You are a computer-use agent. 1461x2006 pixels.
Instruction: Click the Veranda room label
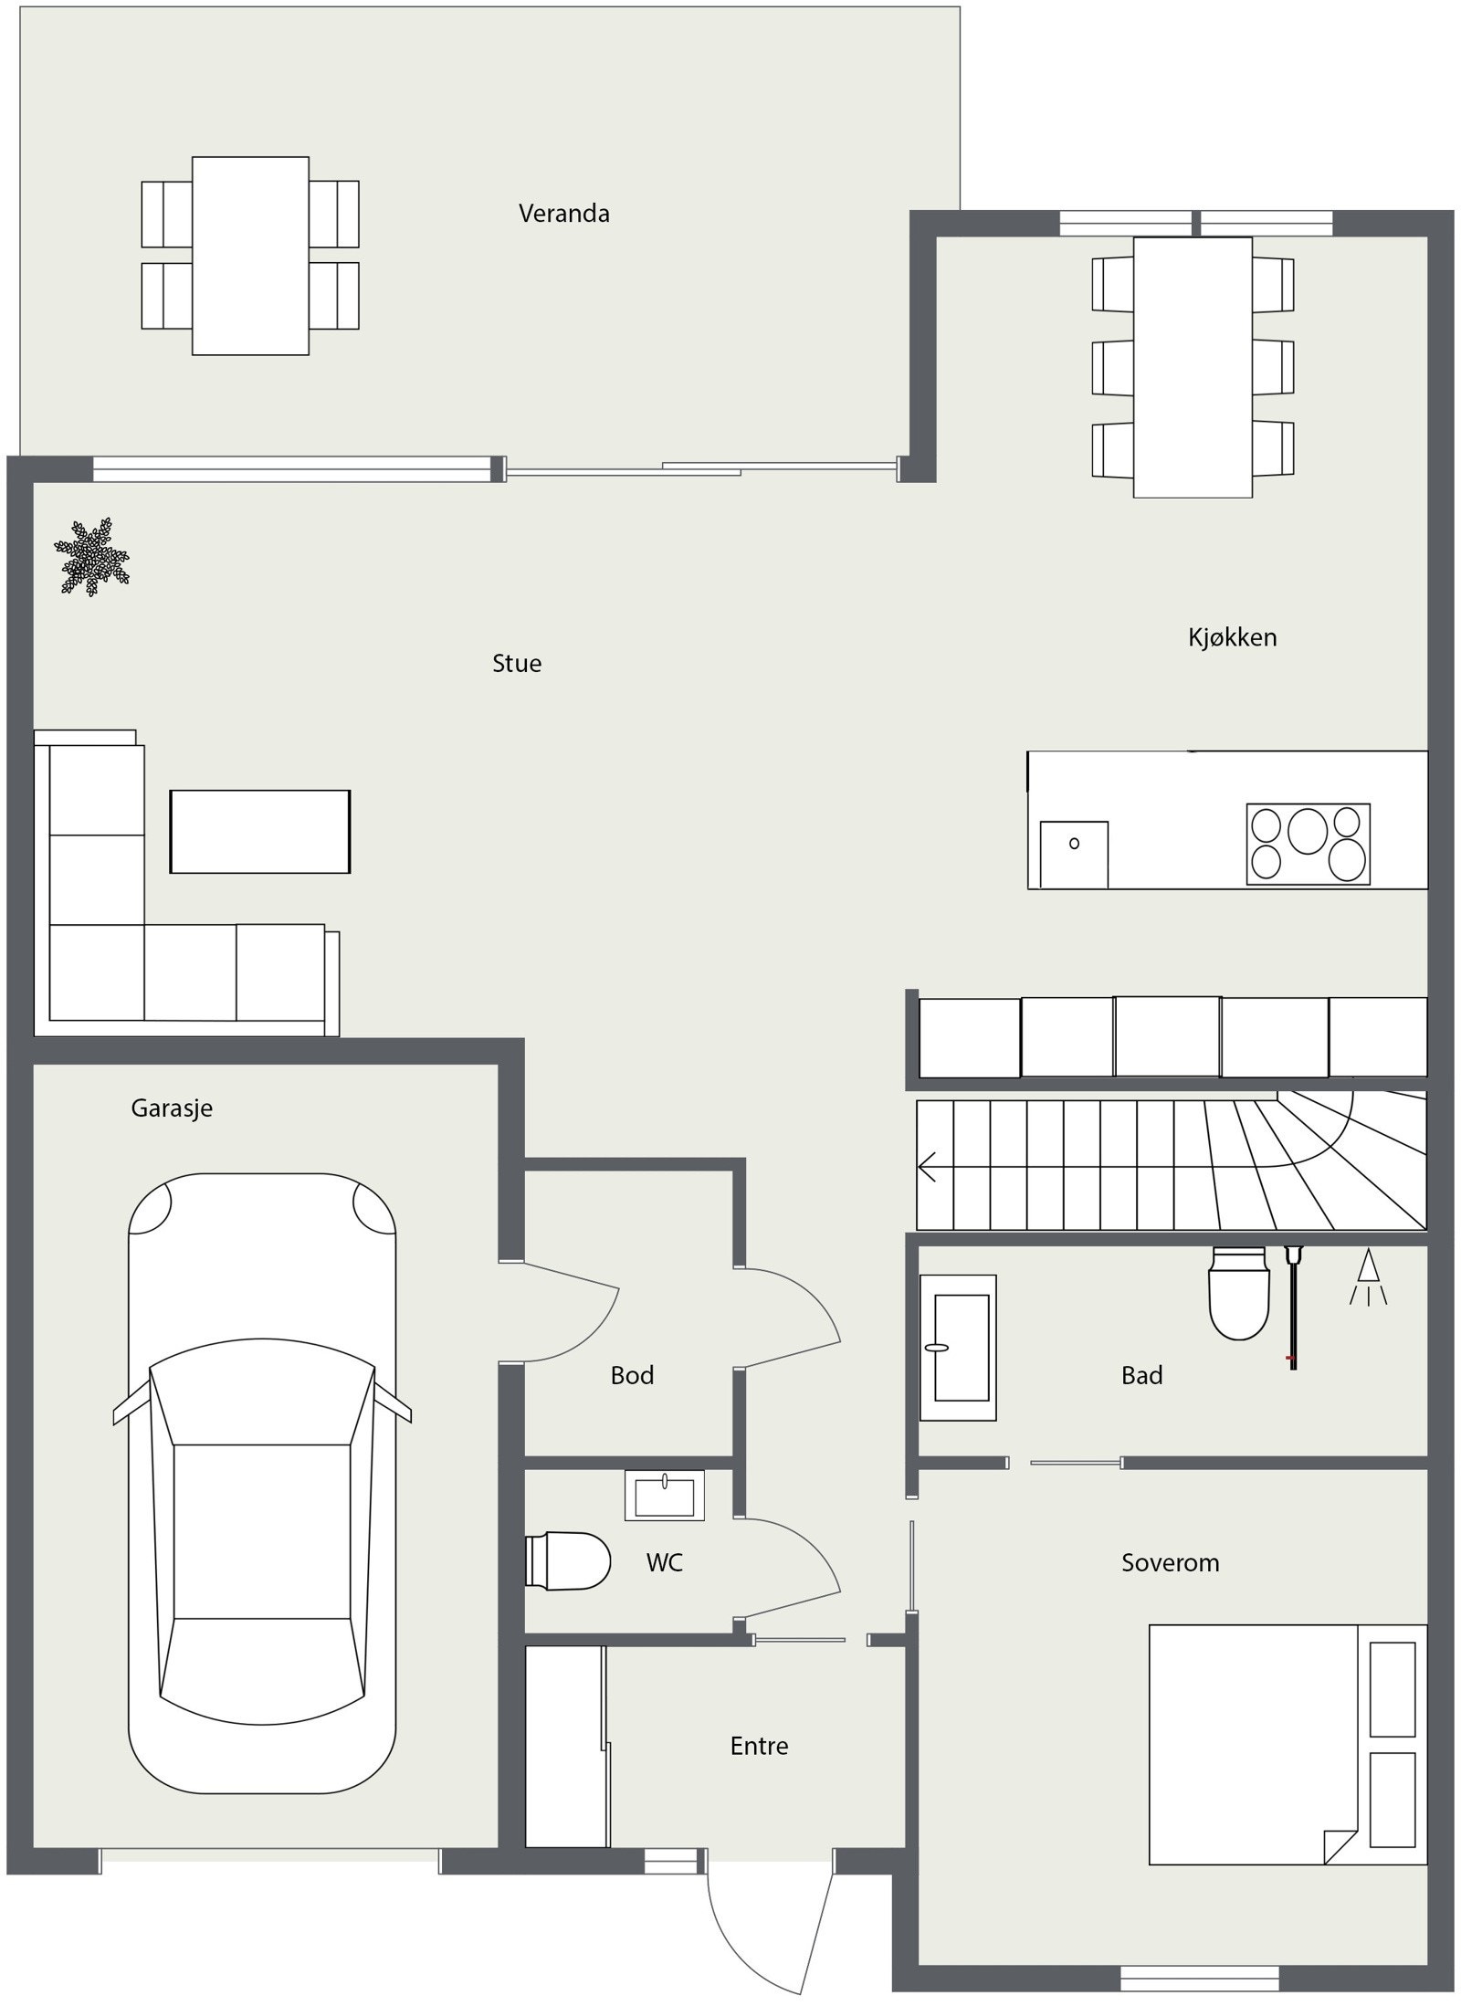tap(563, 214)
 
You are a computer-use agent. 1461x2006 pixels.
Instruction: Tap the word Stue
tap(516, 664)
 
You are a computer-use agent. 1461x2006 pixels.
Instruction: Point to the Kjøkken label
tap(1232, 637)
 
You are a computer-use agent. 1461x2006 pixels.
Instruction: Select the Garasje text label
tap(172, 1108)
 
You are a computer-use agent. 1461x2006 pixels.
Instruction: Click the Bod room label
tap(632, 1376)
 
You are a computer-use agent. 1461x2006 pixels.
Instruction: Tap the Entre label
tap(759, 1747)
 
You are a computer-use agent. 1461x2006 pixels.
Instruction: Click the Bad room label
tap(1141, 1376)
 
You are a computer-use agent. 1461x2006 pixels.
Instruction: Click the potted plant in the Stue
tap(92, 557)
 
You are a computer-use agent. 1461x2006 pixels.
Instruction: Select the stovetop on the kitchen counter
tap(1308, 844)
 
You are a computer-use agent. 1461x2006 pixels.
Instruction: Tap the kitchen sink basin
tap(1075, 854)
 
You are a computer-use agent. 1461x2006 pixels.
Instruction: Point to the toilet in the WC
tap(568, 1561)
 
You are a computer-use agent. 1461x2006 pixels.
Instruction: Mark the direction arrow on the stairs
tap(930, 1167)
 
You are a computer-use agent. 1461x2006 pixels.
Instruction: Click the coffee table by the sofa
tap(260, 831)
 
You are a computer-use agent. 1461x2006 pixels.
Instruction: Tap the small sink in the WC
tap(665, 1496)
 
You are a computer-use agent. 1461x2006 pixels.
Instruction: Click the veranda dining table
tap(250, 256)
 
